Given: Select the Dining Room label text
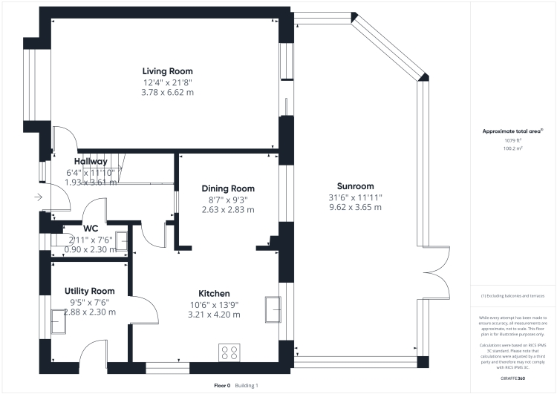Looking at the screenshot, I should pyautogui.click(x=228, y=188).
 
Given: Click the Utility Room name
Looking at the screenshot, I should pyautogui.click(x=90, y=291).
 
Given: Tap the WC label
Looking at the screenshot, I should pyautogui.click(x=91, y=228).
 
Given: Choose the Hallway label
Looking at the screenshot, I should pyautogui.click(x=91, y=161).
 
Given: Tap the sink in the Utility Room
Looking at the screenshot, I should pyautogui.click(x=56, y=318).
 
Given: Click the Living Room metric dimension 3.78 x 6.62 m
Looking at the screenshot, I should pyautogui.click(x=169, y=93).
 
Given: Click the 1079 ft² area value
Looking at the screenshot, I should pyautogui.click(x=513, y=140).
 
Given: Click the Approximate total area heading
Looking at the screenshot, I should pyautogui.click(x=512, y=131).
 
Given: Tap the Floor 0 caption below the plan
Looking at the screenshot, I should pyautogui.click(x=223, y=386).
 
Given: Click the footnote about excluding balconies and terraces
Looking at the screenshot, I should pyautogui.click(x=512, y=296).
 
